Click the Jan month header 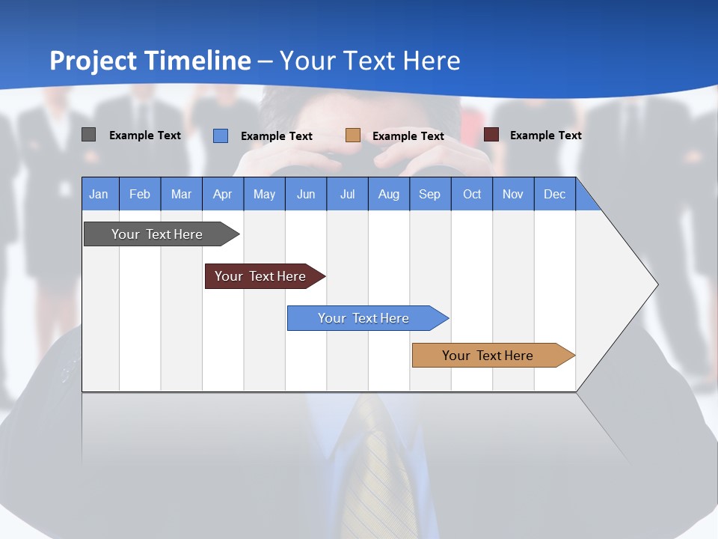pyautogui.click(x=99, y=194)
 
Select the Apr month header pyautogui.click(x=222, y=194)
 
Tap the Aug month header pyautogui.click(x=388, y=194)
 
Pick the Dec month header pyautogui.click(x=554, y=194)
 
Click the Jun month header pyautogui.click(x=305, y=194)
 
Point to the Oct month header pyautogui.click(x=471, y=194)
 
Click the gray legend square pyautogui.click(x=88, y=135)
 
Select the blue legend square pyautogui.click(x=221, y=135)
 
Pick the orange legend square pyautogui.click(x=353, y=135)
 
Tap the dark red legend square pyautogui.click(x=491, y=135)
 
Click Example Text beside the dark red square pyautogui.click(x=545, y=135)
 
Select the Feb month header pyautogui.click(x=140, y=194)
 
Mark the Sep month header pyautogui.click(x=429, y=194)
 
